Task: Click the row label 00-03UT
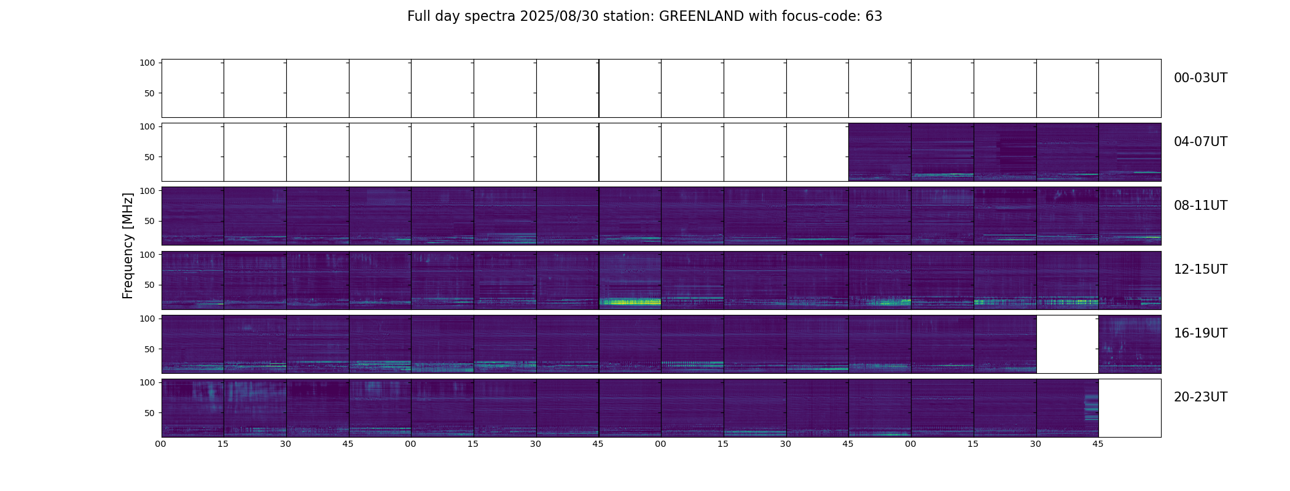[x=1200, y=78]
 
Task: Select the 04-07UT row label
[x=1200, y=142]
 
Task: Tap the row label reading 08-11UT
[x=1200, y=206]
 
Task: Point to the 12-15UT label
[x=1200, y=269]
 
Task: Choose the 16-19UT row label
[x=1200, y=333]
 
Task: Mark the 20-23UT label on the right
[x=1200, y=397]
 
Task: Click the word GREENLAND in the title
[x=701, y=17]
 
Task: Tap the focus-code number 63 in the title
[x=874, y=17]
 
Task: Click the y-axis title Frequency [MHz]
[x=128, y=246]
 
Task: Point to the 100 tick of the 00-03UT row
[x=147, y=63]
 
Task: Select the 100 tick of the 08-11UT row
[x=147, y=191]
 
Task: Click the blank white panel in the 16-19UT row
[x=1067, y=344]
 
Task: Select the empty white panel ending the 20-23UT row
[x=1130, y=408]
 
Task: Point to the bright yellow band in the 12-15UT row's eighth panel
[x=630, y=301]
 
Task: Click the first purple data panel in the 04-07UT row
[x=880, y=152]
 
